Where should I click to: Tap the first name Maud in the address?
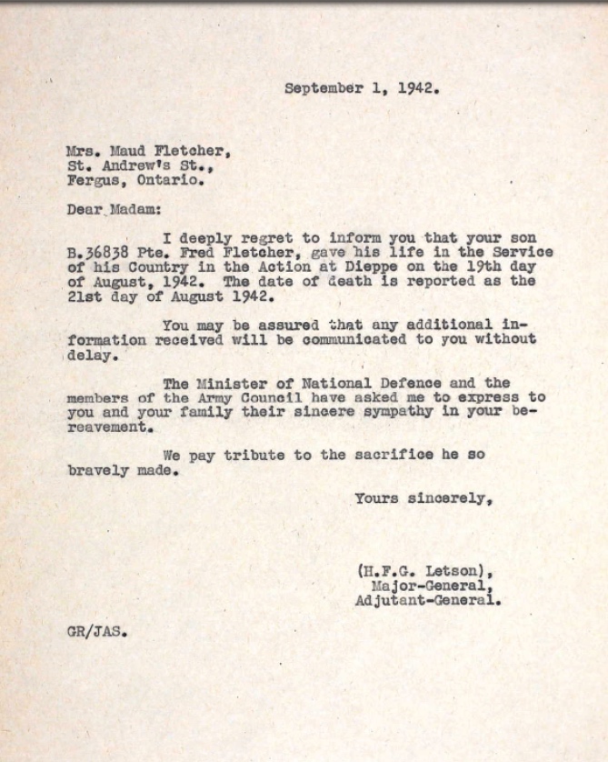tap(126, 151)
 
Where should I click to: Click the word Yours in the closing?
tap(375, 498)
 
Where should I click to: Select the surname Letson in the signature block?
tap(445, 571)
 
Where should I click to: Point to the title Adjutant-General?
tap(426, 600)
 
